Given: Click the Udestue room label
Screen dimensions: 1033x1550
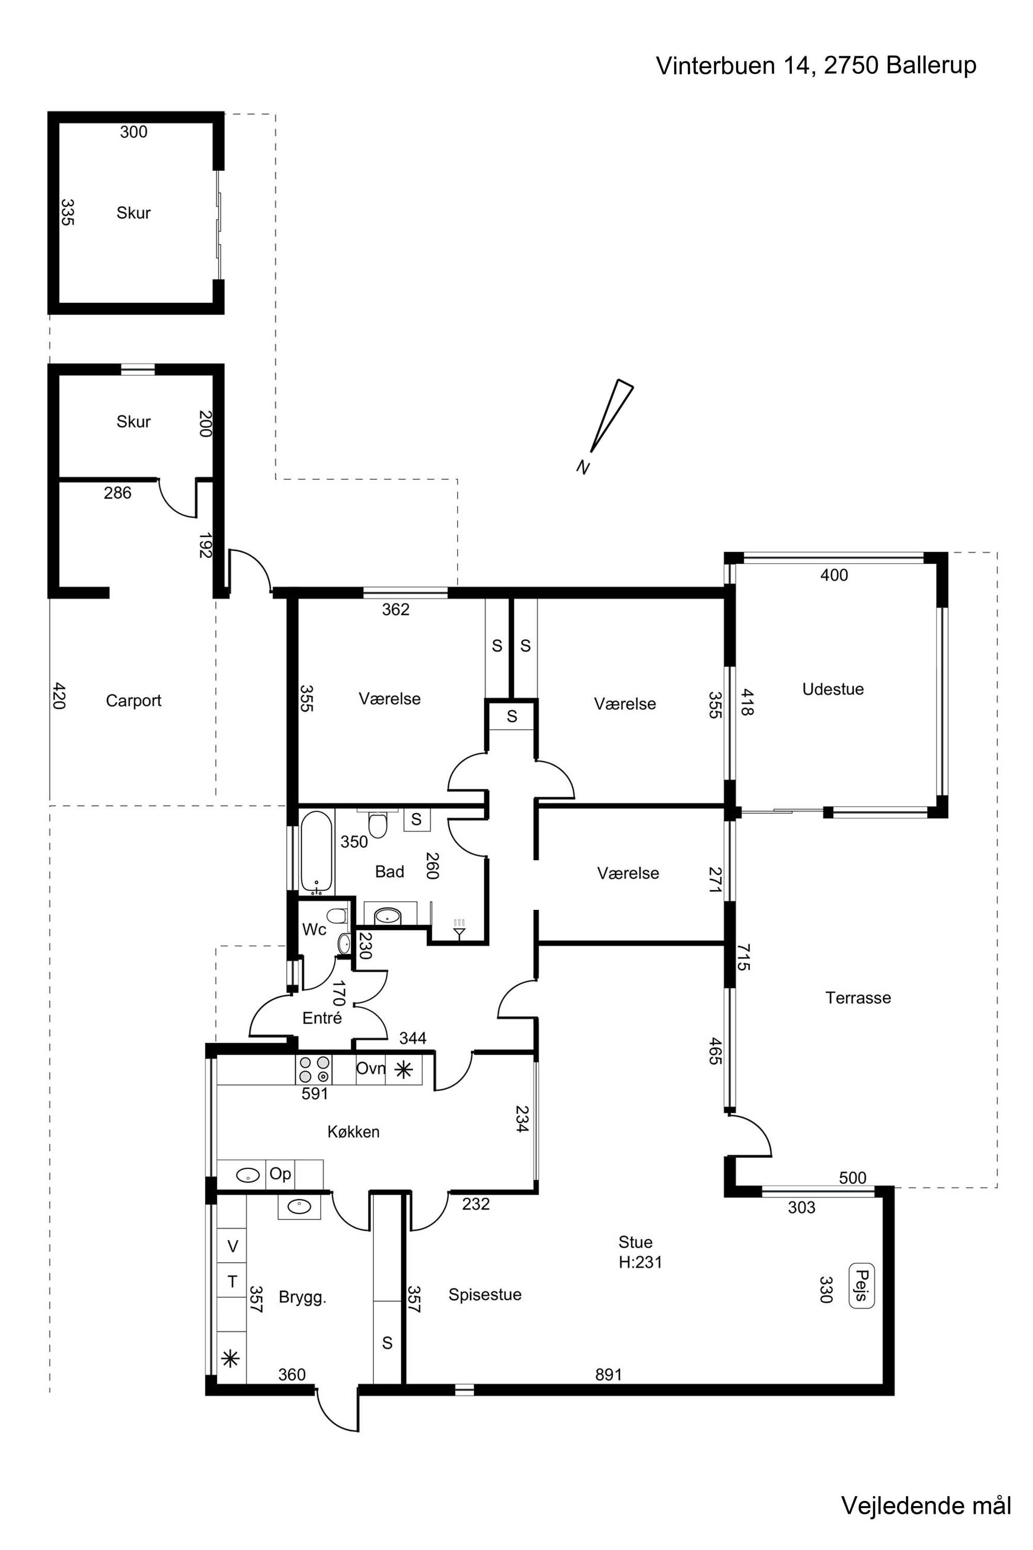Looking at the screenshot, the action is click(833, 689).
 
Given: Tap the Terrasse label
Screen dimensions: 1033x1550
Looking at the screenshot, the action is click(858, 998).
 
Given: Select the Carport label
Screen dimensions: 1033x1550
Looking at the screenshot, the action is click(133, 701).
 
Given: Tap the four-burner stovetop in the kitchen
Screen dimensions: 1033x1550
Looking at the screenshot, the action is click(314, 1069).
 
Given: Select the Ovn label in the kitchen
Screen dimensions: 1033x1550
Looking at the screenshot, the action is click(370, 1068).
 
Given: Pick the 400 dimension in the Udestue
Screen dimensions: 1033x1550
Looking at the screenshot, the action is click(834, 576).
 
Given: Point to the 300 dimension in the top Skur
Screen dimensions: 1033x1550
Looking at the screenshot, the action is click(133, 132).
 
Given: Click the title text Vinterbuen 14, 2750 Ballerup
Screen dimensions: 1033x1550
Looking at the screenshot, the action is click(816, 65).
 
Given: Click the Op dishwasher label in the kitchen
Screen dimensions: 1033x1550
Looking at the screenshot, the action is click(280, 1174).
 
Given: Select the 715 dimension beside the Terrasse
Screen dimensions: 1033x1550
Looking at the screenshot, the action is click(743, 957).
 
